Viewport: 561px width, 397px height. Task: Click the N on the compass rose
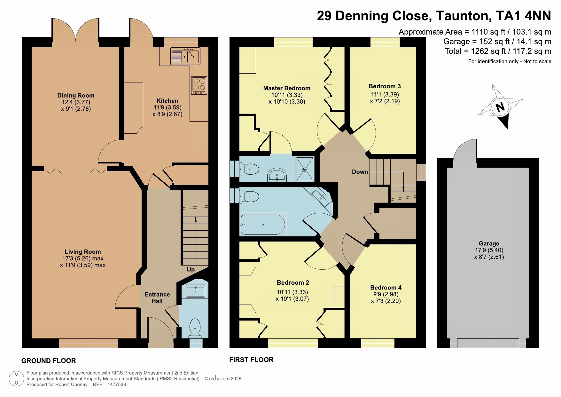[x=500, y=107]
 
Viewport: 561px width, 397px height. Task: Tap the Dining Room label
[x=76, y=95]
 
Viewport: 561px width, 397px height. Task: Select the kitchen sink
[x=185, y=56]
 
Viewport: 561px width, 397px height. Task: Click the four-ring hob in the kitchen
[x=199, y=85]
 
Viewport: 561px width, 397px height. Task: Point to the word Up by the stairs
[x=191, y=269]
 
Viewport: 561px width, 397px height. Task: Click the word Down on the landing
[x=360, y=172]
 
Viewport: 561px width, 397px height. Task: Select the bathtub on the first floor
[x=263, y=224]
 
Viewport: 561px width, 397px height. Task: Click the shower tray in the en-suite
[x=305, y=169]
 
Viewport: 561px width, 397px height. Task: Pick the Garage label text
[x=489, y=243]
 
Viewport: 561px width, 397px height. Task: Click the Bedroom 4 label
[x=386, y=288]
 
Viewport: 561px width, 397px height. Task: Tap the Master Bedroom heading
[x=287, y=88]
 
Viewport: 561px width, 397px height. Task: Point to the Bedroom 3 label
[x=385, y=86]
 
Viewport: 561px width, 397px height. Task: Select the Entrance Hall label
[x=157, y=298]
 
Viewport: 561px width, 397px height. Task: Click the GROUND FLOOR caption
[x=49, y=361]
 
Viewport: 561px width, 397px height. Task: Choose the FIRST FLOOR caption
[x=251, y=360]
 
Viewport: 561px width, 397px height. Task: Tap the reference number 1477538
[x=117, y=385]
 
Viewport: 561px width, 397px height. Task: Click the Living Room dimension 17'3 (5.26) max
[x=83, y=258]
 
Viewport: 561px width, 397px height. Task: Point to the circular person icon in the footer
[x=16, y=379]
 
